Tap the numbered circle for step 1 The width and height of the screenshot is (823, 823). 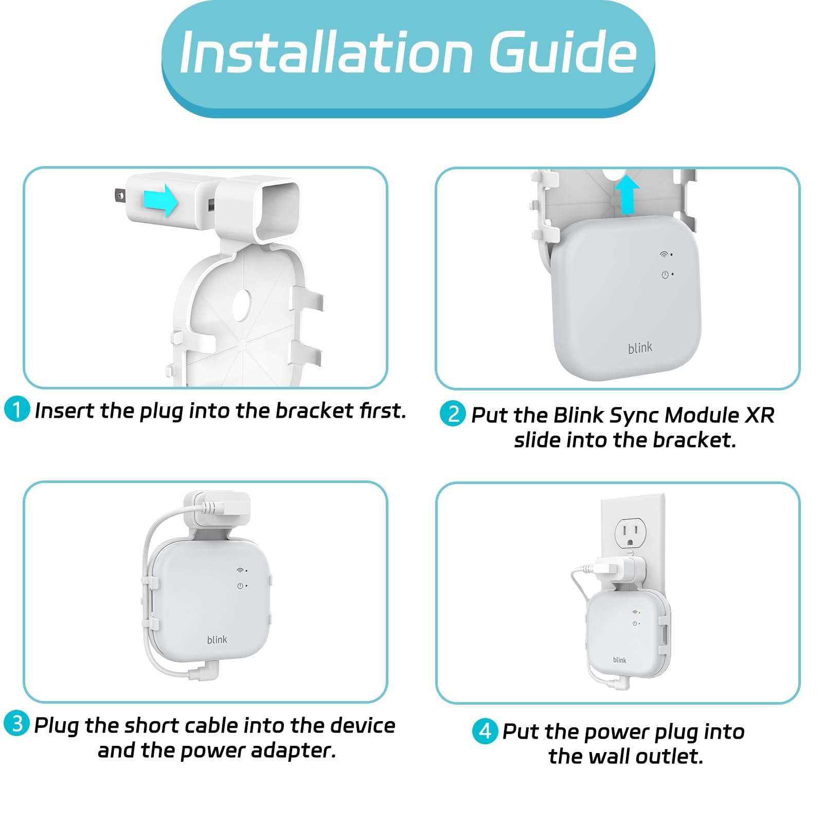click(x=17, y=409)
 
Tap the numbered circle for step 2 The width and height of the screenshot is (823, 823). click(x=453, y=414)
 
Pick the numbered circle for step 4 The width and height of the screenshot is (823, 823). click(x=485, y=731)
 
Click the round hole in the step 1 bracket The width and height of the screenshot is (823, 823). click(x=242, y=306)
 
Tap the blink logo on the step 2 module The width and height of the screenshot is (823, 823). click(x=640, y=348)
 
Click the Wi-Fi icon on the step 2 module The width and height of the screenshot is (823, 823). click(x=665, y=255)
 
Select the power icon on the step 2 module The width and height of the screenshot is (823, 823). click(x=665, y=275)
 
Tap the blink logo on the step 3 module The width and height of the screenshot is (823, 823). click(x=217, y=639)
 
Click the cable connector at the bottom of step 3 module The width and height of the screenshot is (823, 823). click(x=204, y=671)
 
